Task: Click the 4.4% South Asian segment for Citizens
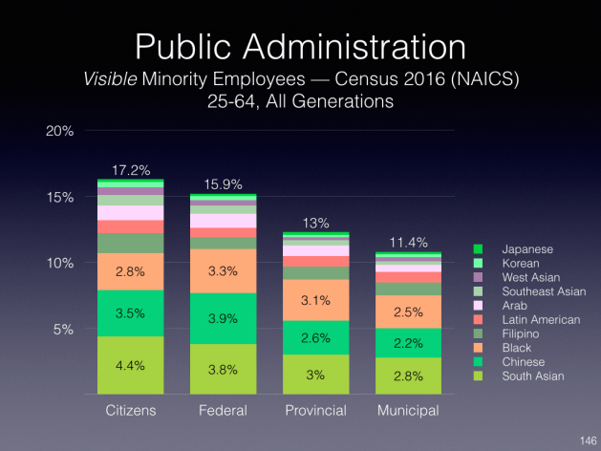(x=130, y=364)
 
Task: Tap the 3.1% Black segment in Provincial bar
(x=315, y=300)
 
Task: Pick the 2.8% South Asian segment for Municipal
(x=408, y=375)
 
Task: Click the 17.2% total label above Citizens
(x=130, y=171)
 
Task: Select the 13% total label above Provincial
(x=315, y=223)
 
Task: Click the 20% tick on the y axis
(x=60, y=130)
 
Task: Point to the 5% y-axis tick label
(x=64, y=330)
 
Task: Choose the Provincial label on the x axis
(x=315, y=411)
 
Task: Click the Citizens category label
(x=130, y=411)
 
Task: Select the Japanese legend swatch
(x=480, y=249)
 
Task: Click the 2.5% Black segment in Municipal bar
(x=408, y=311)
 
